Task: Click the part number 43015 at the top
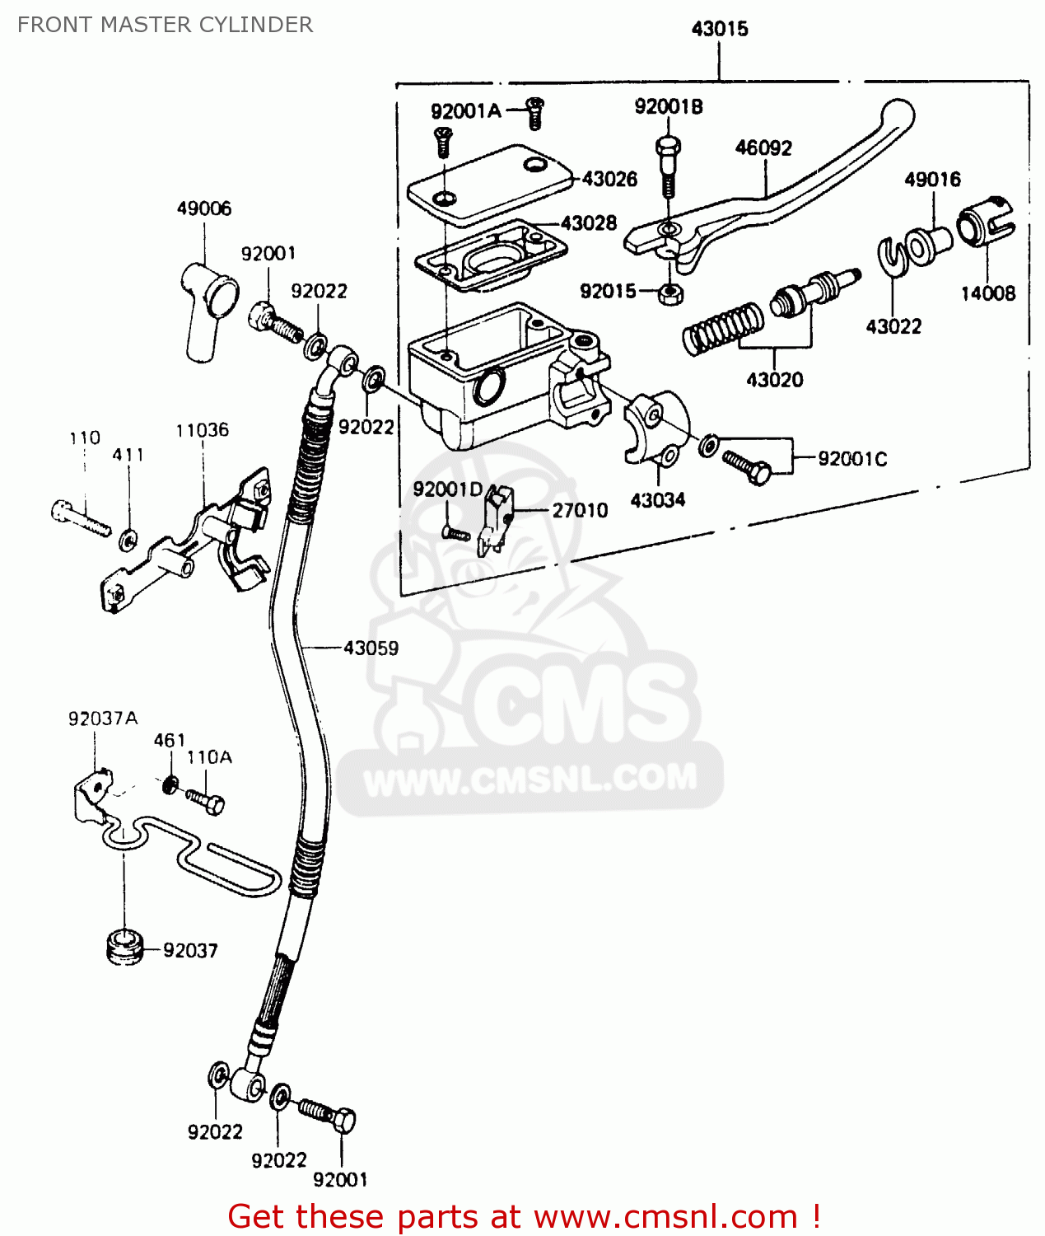coord(720,30)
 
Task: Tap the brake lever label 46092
coord(763,148)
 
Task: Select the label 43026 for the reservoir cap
coord(609,179)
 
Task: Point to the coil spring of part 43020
coord(723,327)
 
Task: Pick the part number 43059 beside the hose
coord(371,648)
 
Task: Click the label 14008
coord(988,293)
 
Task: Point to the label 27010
coord(580,511)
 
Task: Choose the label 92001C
coord(852,459)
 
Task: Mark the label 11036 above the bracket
coord(202,430)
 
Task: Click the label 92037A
coord(103,719)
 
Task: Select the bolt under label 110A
coord(205,800)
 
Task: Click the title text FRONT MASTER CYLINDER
coord(165,25)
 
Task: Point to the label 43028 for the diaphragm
coord(589,223)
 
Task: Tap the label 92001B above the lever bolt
coord(668,107)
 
